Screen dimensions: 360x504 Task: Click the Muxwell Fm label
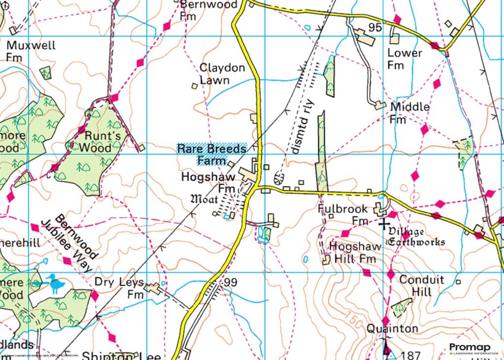click(x=31, y=51)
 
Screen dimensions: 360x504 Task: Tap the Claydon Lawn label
click(x=222, y=74)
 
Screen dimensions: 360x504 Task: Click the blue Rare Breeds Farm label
click(x=212, y=155)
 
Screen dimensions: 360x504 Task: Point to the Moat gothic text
click(x=204, y=199)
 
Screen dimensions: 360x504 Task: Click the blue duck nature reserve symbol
click(x=55, y=285)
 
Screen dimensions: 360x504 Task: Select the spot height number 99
click(x=230, y=283)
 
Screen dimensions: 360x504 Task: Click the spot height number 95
click(x=375, y=28)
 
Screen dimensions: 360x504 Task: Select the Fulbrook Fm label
click(x=343, y=215)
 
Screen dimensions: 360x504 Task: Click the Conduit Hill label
click(x=421, y=286)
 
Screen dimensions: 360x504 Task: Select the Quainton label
click(x=392, y=328)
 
